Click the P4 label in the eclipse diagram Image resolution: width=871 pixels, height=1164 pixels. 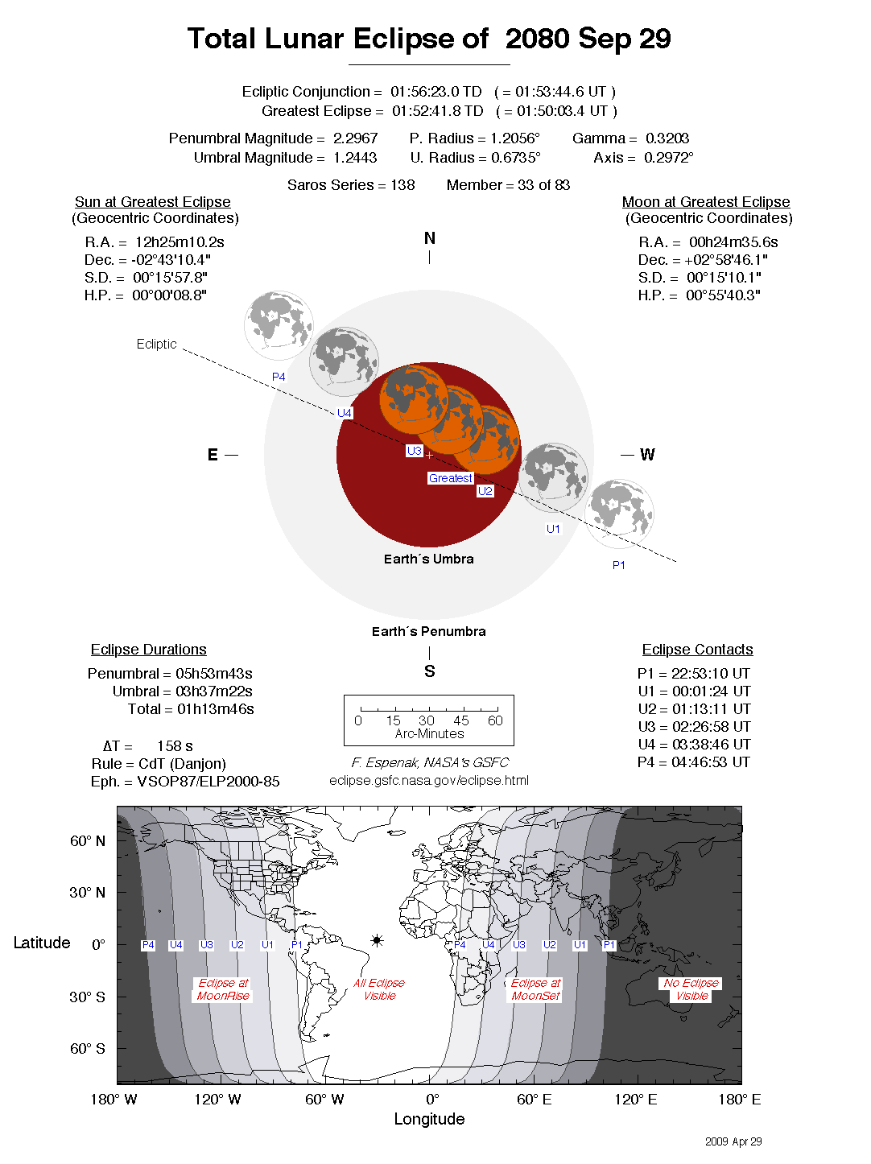click(279, 377)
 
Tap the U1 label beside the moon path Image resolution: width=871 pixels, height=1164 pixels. click(553, 529)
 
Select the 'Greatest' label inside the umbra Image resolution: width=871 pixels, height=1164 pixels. click(450, 478)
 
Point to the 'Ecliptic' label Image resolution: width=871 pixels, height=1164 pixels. click(156, 344)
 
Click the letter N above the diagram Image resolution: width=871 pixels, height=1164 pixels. click(429, 238)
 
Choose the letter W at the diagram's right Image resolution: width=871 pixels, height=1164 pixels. click(647, 455)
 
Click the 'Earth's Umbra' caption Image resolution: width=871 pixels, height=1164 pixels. click(428, 559)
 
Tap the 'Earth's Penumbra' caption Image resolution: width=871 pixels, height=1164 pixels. click(428, 631)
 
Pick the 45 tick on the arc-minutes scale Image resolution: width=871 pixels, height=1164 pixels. click(461, 720)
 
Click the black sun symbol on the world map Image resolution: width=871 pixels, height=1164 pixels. click(377, 940)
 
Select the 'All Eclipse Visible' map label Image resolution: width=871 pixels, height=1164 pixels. click(379, 989)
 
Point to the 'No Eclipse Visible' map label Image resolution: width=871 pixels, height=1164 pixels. click(691, 989)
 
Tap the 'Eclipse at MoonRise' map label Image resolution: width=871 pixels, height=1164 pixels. click(223, 989)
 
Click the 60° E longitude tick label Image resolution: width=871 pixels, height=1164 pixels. click(534, 1100)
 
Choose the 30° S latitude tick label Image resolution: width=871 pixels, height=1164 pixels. click(87, 997)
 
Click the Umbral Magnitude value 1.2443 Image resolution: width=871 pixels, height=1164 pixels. click(355, 158)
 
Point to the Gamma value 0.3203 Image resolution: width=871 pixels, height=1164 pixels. click(667, 138)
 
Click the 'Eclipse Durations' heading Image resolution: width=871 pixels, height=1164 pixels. click(148, 650)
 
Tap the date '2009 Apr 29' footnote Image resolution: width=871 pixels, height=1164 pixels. click(733, 1141)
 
